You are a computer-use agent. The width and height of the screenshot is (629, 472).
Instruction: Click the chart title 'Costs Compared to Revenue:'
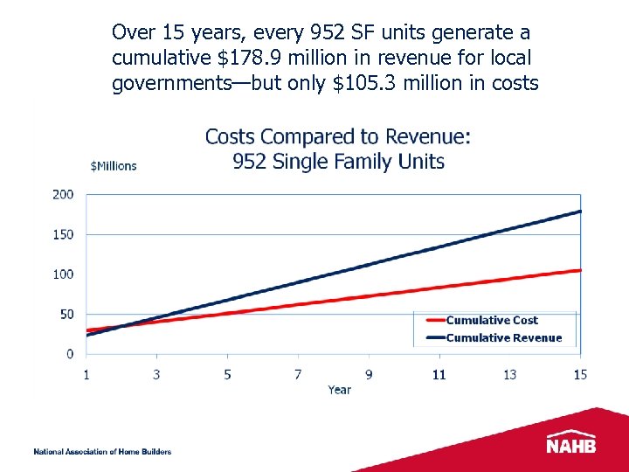coord(337,137)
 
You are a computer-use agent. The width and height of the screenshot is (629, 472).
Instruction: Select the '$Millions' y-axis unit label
coord(114,166)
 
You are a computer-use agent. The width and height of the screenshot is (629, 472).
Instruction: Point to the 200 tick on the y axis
coord(63,194)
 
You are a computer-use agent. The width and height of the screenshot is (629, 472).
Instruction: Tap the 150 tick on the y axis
coord(63,234)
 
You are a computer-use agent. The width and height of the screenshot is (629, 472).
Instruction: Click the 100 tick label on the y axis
coord(63,274)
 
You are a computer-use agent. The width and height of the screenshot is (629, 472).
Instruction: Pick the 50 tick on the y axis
coord(66,314)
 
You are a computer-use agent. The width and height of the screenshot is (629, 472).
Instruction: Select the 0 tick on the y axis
coord(70,354)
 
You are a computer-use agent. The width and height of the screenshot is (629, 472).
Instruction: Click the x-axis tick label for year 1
coord(86,374)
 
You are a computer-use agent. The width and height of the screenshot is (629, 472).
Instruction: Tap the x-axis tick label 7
coord(298,374)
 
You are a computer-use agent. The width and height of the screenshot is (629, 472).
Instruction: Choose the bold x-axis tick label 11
coord(439,374)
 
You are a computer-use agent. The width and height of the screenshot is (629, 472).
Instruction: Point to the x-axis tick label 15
coord(580,374)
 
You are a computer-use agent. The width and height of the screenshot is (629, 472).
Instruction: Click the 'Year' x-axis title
coord(340,390)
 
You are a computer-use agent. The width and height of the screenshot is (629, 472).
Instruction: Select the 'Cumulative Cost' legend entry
coord(492,321)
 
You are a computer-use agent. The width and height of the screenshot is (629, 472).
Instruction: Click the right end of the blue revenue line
coord(579,212)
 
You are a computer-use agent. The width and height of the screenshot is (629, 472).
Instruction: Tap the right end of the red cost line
coord(579,270)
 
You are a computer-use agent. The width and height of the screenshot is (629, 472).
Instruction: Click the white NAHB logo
coord(571,443)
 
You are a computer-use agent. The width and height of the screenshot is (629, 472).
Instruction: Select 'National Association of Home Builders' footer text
coord(102,452)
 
